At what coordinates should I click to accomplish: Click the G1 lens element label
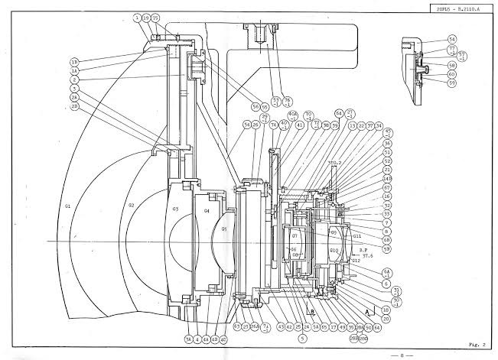click(68, 206)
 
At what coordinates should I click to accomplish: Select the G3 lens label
click(175, 209)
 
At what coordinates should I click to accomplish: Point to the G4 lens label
click(205, 212)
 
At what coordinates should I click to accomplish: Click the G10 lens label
click(334, 250)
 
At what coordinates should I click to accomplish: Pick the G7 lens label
click(295, 237)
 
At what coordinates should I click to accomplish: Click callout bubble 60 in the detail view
click(452, 74)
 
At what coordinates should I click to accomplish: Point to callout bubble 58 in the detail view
click(452, 66)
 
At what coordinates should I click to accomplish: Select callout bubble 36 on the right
click(388, 143)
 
